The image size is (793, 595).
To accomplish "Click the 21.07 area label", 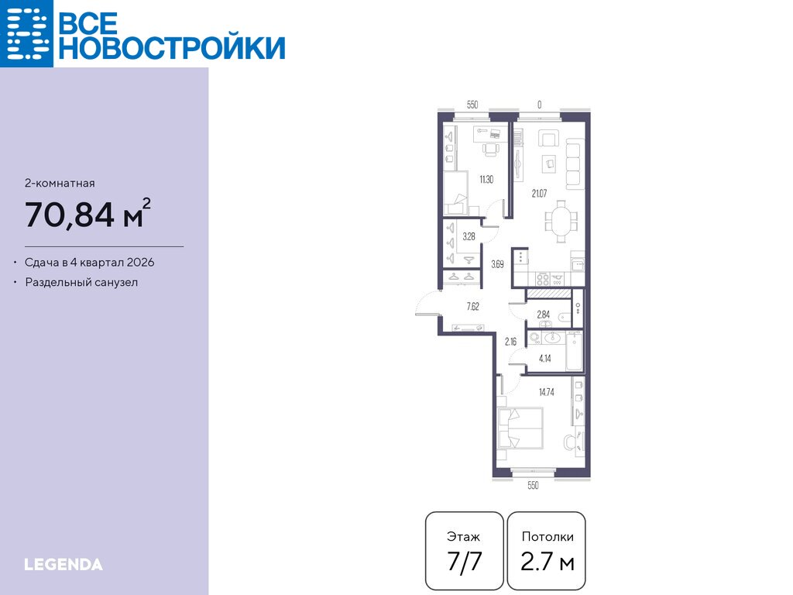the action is click(539, 193).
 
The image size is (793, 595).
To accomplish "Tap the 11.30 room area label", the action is click(486, 179).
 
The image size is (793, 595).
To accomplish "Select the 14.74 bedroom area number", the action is click(547, 392).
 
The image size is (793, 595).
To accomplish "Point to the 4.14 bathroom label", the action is click(545, 359).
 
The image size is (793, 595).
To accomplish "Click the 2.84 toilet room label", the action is click(543, 315).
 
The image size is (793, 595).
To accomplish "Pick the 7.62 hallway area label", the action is click(473, 306).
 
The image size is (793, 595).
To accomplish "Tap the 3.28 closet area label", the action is click(469, 236).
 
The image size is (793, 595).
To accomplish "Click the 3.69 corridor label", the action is click(498, 264).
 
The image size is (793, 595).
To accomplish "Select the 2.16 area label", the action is click(511, 342).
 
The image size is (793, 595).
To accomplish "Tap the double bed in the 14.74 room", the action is click(520, 428).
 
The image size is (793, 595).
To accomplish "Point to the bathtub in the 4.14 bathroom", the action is click(575, 351).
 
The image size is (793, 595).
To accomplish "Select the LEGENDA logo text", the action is click(64, 565).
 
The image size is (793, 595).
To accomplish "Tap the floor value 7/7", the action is click(465, 562).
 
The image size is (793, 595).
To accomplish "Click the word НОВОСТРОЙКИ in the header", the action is click(172, 48).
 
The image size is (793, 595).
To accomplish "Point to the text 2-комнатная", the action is click(60, 183).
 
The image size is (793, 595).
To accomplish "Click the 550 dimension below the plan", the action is click(533, 485).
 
